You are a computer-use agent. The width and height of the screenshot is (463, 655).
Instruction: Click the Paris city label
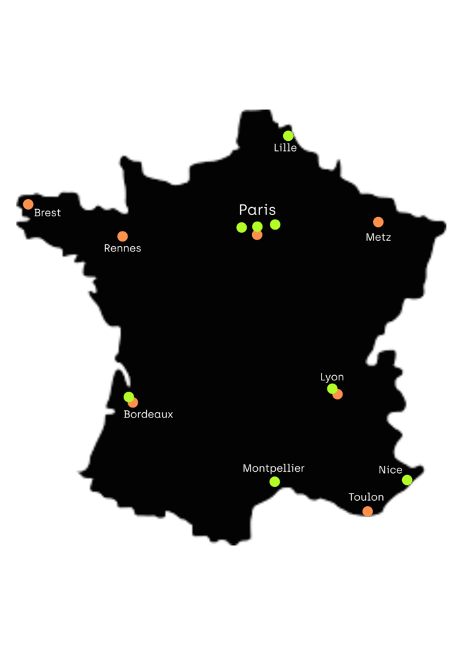[257, 210]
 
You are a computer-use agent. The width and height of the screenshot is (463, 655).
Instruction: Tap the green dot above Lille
[288, 136]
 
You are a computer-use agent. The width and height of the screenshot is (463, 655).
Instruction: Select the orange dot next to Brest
[28, 204]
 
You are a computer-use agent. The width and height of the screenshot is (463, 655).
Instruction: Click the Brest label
[48, 212]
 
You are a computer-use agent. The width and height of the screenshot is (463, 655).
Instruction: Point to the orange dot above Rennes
[122, 236]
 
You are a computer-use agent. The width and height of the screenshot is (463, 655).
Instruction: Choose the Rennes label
[122, 248]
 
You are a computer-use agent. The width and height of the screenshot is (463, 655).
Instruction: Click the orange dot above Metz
[378, 222]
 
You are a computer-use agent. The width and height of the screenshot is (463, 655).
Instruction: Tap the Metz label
[378, 237]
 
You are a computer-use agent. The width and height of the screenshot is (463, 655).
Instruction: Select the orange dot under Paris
[257, 236]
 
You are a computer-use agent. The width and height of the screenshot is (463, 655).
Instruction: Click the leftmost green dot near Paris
[241, 228]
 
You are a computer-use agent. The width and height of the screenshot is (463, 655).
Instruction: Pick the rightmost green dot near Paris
[275, 224]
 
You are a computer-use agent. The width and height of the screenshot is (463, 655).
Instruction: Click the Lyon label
[332, 377]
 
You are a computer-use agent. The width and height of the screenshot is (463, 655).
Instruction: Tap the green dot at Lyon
[332, 388]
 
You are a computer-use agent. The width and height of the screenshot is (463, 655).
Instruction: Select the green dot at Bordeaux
[128, 397]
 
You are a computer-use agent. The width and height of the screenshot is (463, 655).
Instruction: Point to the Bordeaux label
[148, 414]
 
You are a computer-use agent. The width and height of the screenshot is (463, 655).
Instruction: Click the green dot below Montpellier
[274, 482]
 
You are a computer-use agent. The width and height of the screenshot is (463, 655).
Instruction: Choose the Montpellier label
[274, 468]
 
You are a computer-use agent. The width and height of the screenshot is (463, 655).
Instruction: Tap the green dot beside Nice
[407, 480]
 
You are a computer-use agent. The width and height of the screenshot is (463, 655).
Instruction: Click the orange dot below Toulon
[368, 511]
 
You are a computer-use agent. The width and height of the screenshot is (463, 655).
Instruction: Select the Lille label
[285, 148]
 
